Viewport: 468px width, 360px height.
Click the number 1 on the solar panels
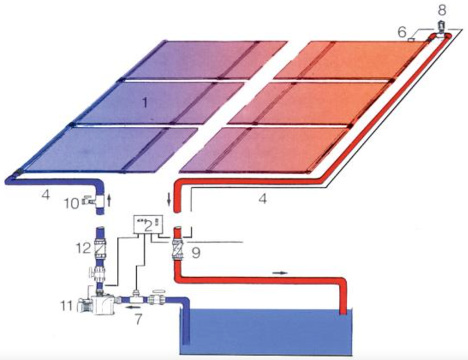tap(147, 104)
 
